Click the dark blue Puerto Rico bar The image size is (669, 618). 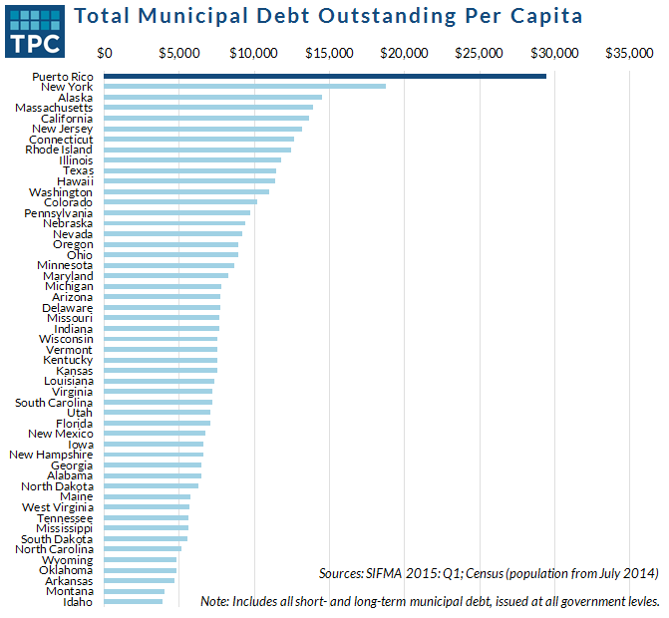325,76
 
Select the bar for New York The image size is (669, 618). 244,87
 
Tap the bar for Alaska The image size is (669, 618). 212,97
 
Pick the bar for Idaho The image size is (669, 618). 133,601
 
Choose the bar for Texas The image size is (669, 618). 189,170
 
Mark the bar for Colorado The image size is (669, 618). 180,202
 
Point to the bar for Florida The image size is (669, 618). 157,423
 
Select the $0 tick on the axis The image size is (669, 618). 105,52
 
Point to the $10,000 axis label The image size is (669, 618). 254,52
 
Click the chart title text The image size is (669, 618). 329,17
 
